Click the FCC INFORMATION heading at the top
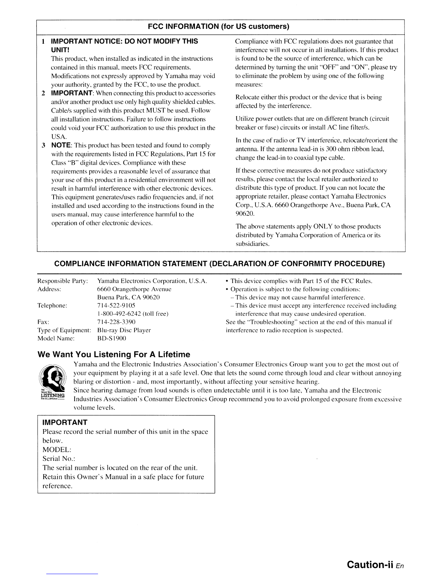tap(218, 27)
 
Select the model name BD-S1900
tap(111, 338)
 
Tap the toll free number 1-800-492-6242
tap(133, 314)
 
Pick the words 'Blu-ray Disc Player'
tap(124, 330)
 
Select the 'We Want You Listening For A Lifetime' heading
tap(114, 354)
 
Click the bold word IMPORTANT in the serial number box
tap(65, 422)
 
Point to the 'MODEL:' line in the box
tap(57, 450)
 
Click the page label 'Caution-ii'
tap(369, 564)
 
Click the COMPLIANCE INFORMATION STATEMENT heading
tap(219, 263)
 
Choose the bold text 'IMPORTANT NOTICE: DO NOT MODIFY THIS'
tap(124, 41)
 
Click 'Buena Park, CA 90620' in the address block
tap(128, 297)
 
